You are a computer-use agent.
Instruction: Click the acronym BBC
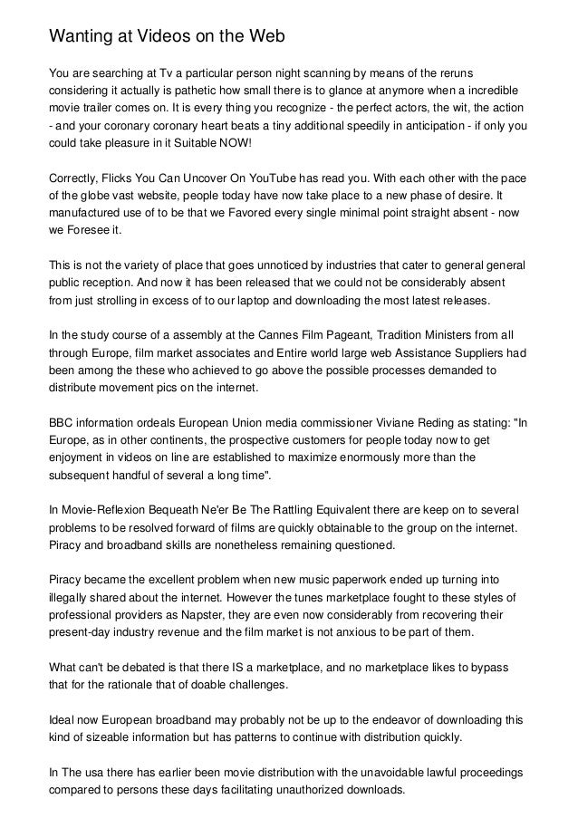coord(63,422)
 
